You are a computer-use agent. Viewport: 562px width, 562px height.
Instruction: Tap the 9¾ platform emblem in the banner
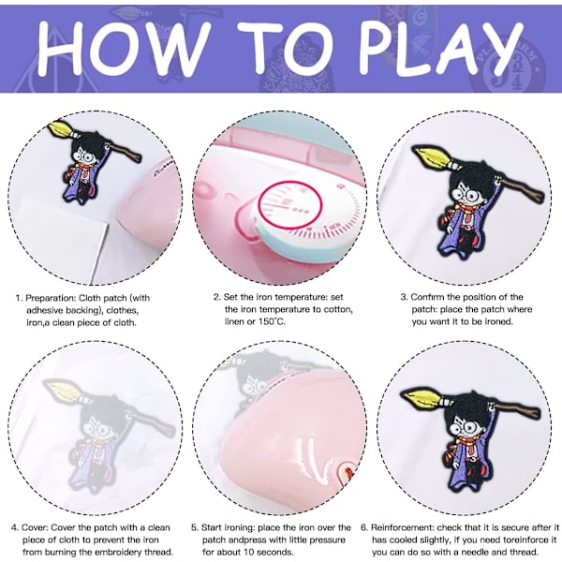(509, 70)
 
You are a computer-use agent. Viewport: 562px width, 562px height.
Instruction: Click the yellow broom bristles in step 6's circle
(421, 397)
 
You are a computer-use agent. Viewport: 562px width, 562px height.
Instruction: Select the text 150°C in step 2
(272, 321)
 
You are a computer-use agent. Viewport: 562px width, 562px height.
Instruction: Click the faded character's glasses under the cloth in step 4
(96, 430)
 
